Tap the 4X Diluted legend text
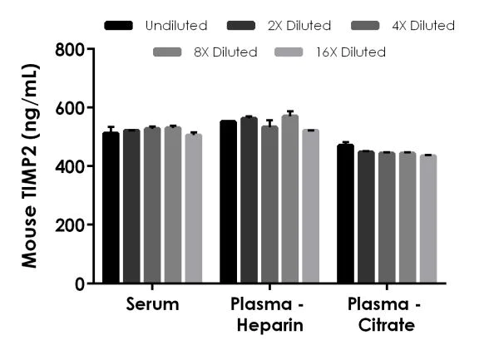coord(422,26)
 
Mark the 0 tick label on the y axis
coord(80,284)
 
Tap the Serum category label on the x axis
coord(152,304)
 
